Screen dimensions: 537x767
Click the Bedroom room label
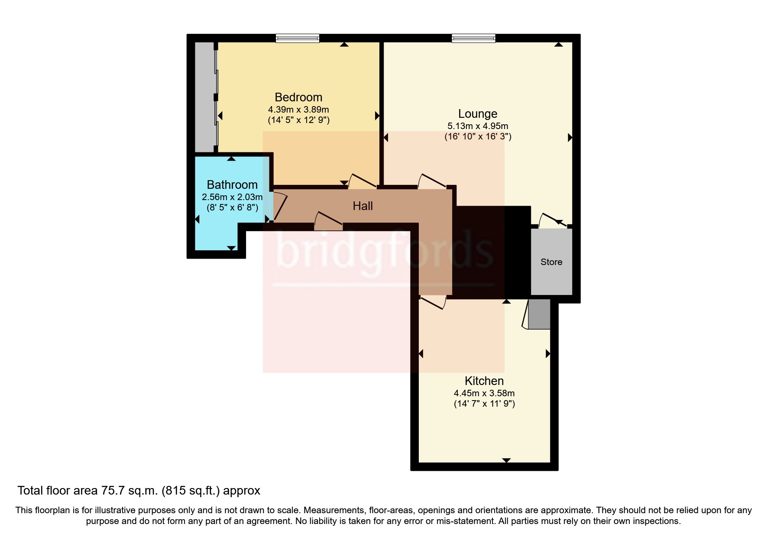pos(298,97)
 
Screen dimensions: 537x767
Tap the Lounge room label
pos(478,114)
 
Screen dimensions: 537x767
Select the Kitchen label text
pos(484,381)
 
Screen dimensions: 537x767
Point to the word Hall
pos(362,206)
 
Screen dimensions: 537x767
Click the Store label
pos(551,262)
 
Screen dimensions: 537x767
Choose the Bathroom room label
pos(232,185)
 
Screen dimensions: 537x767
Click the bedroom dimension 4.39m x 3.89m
pos(298,110)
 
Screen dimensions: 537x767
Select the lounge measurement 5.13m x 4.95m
pos(478,126)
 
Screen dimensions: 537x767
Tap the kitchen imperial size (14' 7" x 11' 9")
pos(484,404)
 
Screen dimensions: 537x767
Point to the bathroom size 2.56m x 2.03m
pos(232,197)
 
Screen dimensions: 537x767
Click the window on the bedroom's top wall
pos(298,39)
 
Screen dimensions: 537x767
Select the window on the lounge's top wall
pos(473,39)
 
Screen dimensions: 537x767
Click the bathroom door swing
pos(279,207)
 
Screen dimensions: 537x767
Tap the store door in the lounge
pos(552,220)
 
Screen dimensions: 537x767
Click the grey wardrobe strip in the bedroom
pos(204,97)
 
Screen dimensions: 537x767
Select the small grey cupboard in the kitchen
pos(539,314)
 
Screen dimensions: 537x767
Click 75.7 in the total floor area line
pos(113,491)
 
